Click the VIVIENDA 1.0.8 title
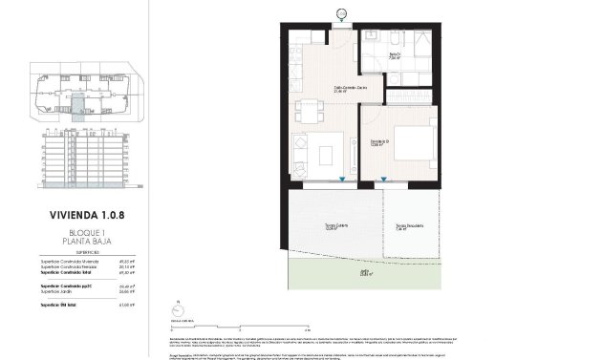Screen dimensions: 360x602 (86, 216)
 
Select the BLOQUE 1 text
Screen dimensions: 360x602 (86, 232)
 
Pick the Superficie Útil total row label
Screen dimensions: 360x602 (55, 303)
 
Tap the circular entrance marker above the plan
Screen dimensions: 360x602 (342, 12)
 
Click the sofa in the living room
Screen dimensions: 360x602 (303, 156)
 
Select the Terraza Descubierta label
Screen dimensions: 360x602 (409, 226)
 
